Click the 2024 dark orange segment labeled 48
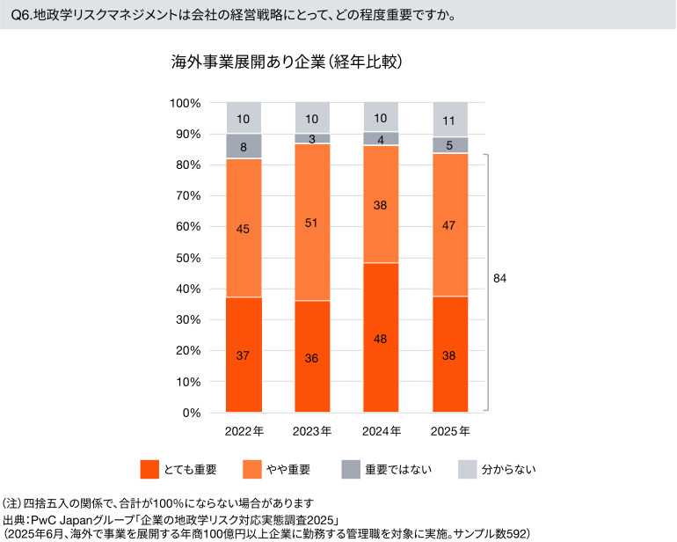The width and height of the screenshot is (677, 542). click(x=381, y=338)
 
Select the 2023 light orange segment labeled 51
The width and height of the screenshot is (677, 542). click(x=312, y=223)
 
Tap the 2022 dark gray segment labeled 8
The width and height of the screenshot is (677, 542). click(x=244, y=147)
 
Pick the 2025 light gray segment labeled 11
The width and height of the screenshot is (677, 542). click(x=449, y=120)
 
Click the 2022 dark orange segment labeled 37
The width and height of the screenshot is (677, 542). click(x=244, y=355)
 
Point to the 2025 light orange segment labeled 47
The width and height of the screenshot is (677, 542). click(x=449, y=225)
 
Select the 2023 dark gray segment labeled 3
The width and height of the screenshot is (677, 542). click(x=312, y=139)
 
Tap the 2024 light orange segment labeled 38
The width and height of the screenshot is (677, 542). click(x=381, y=204)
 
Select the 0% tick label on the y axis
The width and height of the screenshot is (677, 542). click(x=192, y=413)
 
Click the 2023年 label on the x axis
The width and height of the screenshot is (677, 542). click(x=312, y=432)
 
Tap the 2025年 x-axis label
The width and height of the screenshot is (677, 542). click(x=449, y=432)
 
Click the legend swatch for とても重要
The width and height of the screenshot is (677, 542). click(x=149, y=469)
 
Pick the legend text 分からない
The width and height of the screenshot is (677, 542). click(x=508, y=469)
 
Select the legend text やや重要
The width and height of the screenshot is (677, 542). click(x=286, y=469)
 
